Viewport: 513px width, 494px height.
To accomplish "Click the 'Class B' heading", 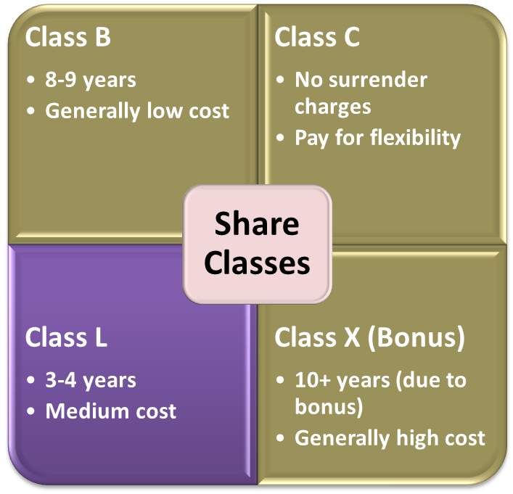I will tap(68, 38).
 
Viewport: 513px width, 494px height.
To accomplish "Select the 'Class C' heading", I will tap(317, 38).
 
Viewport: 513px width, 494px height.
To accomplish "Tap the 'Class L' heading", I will tap(66, 337).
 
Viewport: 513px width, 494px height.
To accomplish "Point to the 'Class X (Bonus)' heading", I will tap(369, 337).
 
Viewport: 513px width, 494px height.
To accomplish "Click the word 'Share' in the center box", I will tap(256, 224).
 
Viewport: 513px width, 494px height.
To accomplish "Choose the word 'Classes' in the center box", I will tap(256, 262).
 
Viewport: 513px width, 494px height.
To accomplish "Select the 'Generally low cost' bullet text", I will tap(137, 111).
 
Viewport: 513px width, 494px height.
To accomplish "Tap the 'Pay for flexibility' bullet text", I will tap(377, 137).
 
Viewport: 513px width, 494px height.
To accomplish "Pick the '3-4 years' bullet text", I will tap(91, 380).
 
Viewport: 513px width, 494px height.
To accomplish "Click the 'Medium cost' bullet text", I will tap(110, 411).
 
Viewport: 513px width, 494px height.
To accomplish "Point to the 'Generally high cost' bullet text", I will tap(390, 437).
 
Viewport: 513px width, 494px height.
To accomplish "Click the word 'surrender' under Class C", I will tap(382, 80).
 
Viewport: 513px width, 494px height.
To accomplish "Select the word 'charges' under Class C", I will tap(332, 107).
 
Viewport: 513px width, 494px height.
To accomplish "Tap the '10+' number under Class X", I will tap(311, 380).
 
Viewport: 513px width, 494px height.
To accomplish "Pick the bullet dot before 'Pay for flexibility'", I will tap(279, 138).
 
